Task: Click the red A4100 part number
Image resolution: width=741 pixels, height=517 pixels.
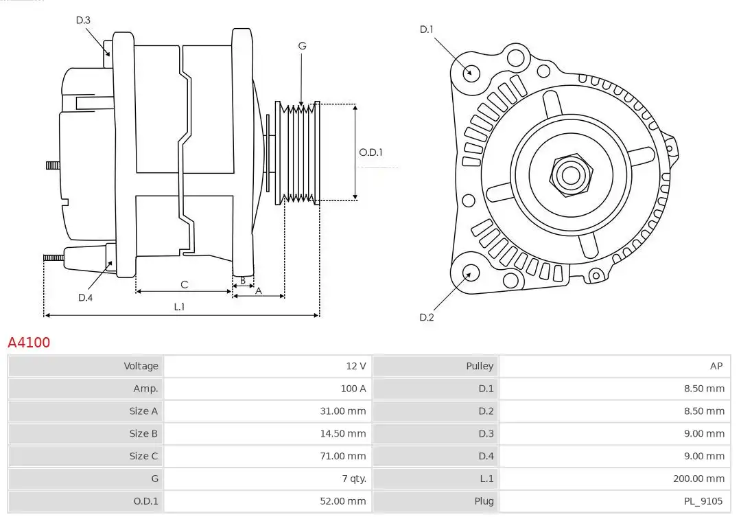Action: [29, 342]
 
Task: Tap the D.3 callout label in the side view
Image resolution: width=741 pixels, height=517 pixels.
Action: [83, 20]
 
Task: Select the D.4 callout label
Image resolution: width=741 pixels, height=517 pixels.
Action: [85, 297]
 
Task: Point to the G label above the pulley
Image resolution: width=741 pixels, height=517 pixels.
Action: [302, 46]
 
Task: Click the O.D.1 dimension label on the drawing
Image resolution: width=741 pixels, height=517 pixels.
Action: [370, 152]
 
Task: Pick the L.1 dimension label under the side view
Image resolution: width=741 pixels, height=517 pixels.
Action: [179, 306]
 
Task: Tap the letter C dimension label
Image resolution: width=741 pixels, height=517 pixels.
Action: [185, 284]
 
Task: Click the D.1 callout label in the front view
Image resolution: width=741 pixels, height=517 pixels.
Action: [426, 30]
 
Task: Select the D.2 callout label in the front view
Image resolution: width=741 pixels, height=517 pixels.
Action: [426, 317]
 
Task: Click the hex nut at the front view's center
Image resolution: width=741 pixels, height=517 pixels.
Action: [571, 176]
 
